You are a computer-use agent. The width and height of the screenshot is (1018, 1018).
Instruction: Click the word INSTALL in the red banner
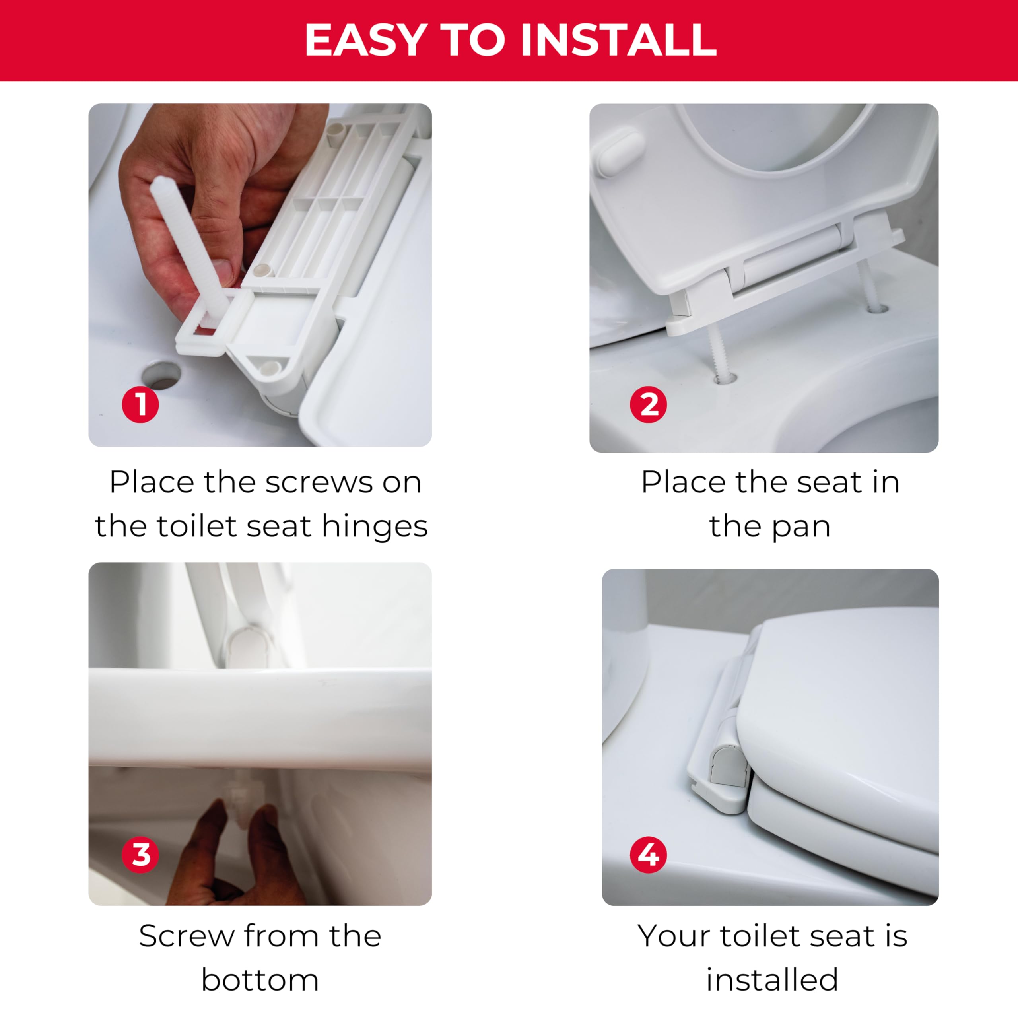[x=619, y=40]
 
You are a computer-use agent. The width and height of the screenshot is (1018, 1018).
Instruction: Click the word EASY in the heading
[x=366, y=40]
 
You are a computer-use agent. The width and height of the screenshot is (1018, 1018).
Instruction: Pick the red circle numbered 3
[x=140, y=855]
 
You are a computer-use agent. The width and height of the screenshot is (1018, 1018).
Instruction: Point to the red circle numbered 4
[x=648, y=855]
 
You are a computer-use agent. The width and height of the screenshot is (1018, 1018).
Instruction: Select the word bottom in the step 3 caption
[x=260, y=980]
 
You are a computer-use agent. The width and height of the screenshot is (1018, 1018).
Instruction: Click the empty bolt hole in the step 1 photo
[x=161, y=375]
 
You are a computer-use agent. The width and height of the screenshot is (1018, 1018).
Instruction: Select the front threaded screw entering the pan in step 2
[x=718, y=353]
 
